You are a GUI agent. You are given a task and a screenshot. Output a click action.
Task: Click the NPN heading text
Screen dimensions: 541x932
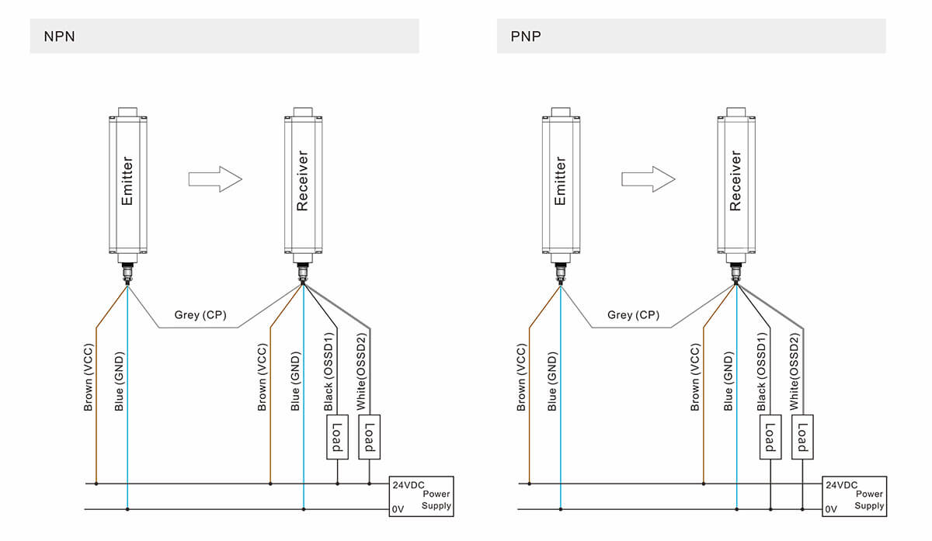pyautogui.click(x=59, y=36)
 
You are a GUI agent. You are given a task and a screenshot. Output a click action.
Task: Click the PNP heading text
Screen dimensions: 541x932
pyautogui.click(x=525, y=36)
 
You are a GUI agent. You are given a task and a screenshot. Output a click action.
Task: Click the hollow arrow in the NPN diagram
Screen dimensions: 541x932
pyautogui.click(x=215, y=179)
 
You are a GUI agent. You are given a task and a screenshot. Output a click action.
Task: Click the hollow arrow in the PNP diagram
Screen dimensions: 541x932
pyautogui.click(x=648, y=179)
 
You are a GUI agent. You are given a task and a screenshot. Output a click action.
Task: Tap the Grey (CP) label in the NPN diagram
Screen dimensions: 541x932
pyautogui.click(x=198, y=315)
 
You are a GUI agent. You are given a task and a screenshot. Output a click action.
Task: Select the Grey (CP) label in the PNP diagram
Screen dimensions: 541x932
pyautogui.click(x=633, y=315)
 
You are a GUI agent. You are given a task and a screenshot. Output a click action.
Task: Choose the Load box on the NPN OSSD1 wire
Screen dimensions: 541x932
pyautogui.click(x=337, y=437)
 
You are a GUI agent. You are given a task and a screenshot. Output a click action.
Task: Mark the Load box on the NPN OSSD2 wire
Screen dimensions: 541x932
pyautogui.click(x=370, y=437)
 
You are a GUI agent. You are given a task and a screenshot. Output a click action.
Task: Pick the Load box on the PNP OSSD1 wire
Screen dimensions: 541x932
pyautogui.click(x=770, y=437)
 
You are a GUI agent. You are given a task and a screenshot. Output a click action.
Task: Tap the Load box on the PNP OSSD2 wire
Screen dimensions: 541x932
pyautogui.click(x=803, y=437)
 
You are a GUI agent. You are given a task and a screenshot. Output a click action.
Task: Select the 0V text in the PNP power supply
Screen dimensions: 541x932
pyautogui.click(x=831, y=509)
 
